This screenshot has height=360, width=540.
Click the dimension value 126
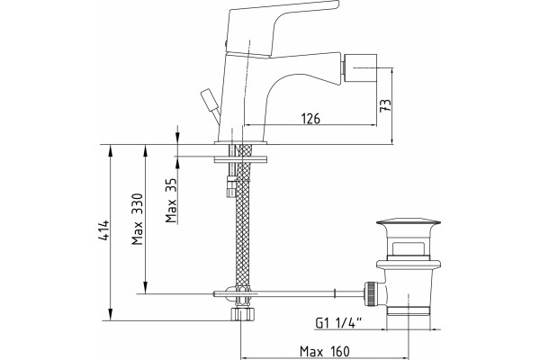pos(310,119)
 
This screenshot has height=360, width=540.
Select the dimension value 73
pos(385,105)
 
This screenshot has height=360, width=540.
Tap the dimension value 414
pos(103,229)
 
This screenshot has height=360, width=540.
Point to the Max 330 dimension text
pos(137,219)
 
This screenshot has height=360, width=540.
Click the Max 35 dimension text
pos(171,200)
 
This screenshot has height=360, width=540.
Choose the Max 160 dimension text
pos(324,352)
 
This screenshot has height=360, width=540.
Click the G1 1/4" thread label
pos(338,323)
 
